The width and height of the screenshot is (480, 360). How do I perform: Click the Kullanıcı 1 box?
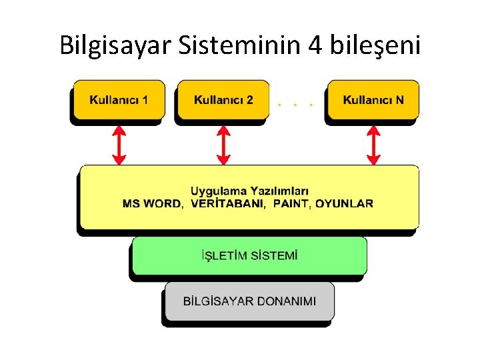point(118,100)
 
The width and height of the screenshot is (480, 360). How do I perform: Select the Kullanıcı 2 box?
point(223,100)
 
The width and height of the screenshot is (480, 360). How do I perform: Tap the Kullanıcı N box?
point(373,100)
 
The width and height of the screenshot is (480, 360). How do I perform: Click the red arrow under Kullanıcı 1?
point(119,145)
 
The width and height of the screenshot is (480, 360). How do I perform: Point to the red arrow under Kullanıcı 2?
point(224,145)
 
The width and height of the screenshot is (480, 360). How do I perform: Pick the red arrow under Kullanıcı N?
point(373,145)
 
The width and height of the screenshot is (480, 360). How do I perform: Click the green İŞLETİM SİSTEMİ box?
point(249,255)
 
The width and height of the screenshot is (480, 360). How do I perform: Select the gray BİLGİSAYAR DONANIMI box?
point(249,301)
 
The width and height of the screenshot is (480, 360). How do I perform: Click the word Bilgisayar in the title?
point(116,45)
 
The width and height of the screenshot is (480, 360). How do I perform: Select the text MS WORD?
point(151,203)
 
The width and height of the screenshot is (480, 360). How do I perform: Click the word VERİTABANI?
point(227,203)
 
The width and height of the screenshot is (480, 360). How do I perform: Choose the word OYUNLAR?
point(345,203)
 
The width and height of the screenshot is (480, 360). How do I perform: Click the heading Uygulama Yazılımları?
point(249,191)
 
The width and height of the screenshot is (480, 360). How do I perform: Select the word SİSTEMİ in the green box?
point(273,255)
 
